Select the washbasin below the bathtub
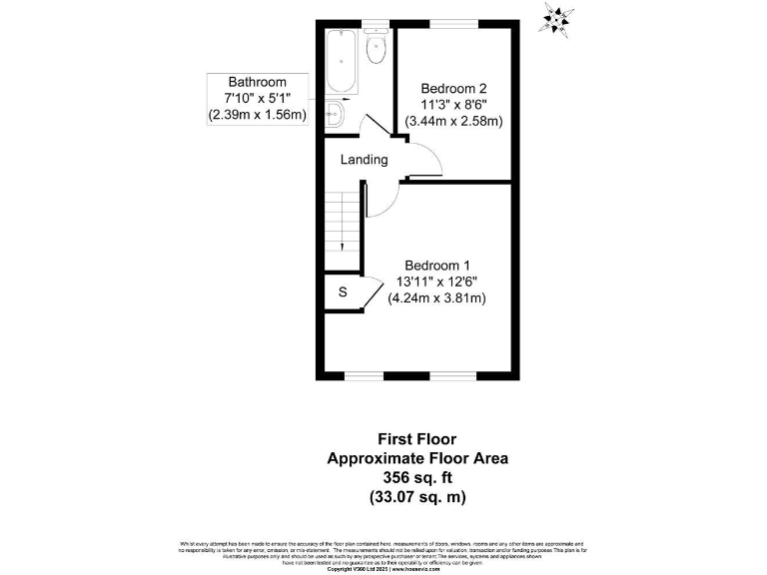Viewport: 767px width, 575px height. tap(334, 115)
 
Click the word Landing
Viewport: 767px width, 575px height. tap(364, 160)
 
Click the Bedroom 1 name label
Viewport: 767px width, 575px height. tap(436, 265)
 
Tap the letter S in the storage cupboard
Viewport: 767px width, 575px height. tap(343, 292)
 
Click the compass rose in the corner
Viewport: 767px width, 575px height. tap(556, 19)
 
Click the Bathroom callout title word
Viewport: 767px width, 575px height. tap(258, 82)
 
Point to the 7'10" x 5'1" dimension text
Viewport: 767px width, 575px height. tap(258, 98)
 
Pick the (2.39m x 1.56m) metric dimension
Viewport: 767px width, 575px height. tap(258, 115)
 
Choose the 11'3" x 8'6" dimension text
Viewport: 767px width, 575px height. tap(453, 104)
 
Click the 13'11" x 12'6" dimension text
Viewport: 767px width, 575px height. tap(436, 282)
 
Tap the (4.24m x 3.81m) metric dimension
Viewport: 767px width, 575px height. tap(436, 298)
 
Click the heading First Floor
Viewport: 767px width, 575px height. tap(417, 438)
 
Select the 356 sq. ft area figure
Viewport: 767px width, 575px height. tap(417, 477)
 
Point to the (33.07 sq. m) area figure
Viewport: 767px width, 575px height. tap(417, 496)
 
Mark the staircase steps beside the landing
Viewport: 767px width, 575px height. tap(344, 225)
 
